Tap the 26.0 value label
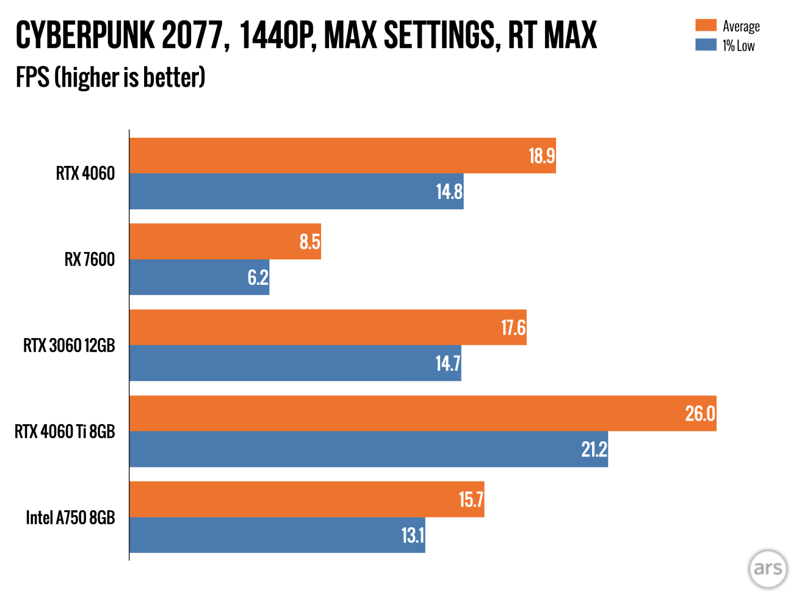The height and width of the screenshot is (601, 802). click(x=700, y=414)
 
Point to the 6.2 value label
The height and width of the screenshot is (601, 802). click(x=258, y=278)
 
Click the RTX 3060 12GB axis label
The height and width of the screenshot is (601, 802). click(x=69, y=345)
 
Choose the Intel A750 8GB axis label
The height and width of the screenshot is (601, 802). click(x=70, y=518)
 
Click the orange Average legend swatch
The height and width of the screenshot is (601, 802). click(x=705, y=25)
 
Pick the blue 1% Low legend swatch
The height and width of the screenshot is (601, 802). click(x=705, y=45)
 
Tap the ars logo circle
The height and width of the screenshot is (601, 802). click(x=768, y=568)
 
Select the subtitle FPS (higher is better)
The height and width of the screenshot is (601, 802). click(x=111, y=78)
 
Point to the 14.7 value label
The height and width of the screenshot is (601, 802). click(x=447, y=363)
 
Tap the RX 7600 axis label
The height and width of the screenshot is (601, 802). click(x=89, y=259)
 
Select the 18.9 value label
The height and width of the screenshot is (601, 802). click(x=541, y=156)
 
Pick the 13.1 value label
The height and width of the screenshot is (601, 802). click(x=412, y=535)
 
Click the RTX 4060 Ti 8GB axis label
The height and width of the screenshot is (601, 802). click(x=65, y=431)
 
